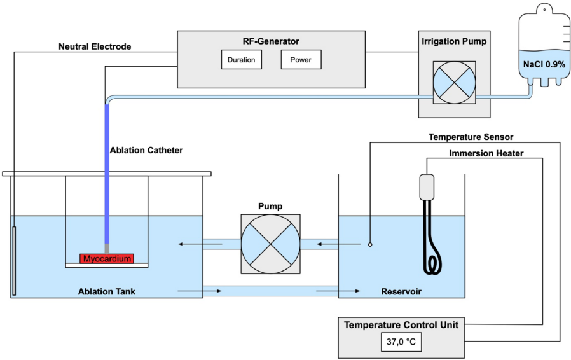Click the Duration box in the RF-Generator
(x=241, y=60)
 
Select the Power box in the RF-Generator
(x=301, y=60)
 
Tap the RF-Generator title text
(x=271, y=41)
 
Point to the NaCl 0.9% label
(x=544, y=64)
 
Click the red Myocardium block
(x=107, y=258)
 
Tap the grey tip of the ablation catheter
(x=107, y=247)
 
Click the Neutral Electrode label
(x=95, y=46)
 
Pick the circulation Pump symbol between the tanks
(x=270, y=244)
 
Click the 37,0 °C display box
(x=401, y=342)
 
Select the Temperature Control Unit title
(x=401, y=325)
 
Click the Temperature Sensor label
(x=471, y=137)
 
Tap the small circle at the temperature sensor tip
(x=369, y=244)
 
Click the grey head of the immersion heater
(x=426, y=186)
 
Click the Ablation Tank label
(x=107, y=293)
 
